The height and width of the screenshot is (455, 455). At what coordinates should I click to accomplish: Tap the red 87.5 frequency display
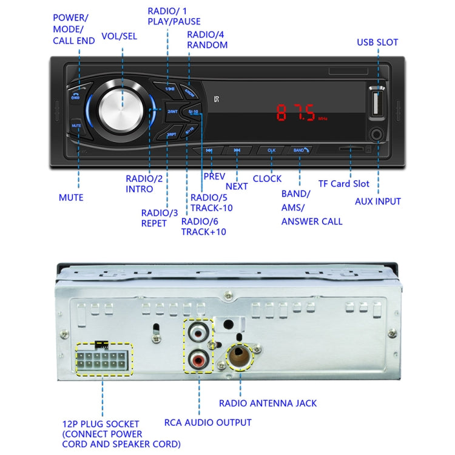click(x=296, y=113)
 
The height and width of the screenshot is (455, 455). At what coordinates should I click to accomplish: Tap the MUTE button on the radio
click(x=77, y=126)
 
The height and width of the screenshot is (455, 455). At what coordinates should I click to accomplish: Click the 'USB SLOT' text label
click(x=377, y=42)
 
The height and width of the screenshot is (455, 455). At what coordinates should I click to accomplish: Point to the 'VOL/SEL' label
click(x=118, y=36)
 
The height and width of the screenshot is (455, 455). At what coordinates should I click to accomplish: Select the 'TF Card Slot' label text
click(x=343, y=184)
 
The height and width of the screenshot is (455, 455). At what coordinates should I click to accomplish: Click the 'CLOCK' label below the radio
click(x=267, y=178)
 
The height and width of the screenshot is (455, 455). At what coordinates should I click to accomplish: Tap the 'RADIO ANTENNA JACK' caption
click(x=268, y=403)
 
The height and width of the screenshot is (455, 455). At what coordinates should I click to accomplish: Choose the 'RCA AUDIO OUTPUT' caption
click(x=207, y=422)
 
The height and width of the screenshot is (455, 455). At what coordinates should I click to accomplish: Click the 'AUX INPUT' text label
click(x=377, y=201)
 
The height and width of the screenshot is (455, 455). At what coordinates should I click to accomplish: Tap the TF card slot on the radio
click(x=351, y=148)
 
